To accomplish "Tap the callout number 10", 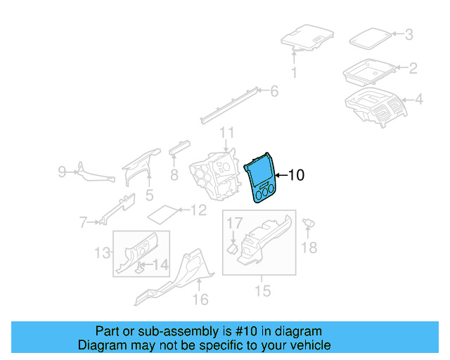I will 297,175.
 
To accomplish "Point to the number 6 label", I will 274,91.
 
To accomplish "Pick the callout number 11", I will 226,133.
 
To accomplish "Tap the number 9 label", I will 62,171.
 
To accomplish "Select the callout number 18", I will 309,247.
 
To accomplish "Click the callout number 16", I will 200,300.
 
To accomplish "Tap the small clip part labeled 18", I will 308,224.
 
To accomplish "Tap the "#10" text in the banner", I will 242,331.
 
